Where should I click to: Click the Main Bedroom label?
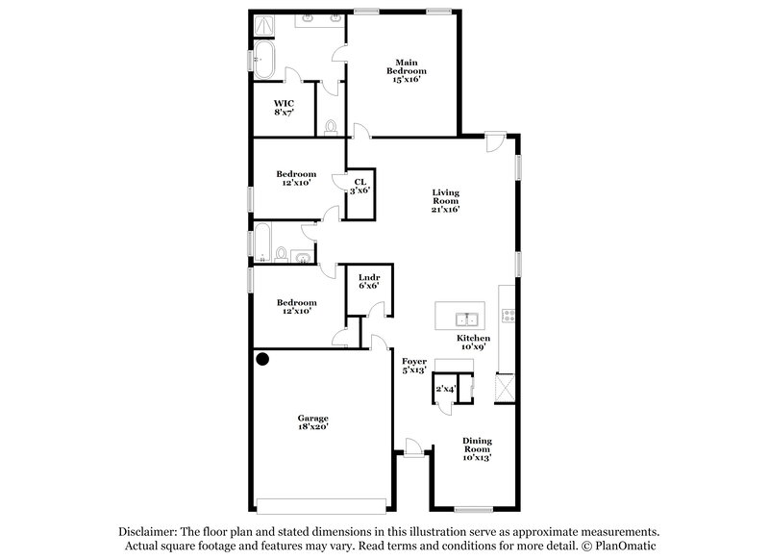(407, 71)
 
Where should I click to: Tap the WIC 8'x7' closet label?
(283, 108)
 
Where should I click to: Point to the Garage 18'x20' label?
(312, 423)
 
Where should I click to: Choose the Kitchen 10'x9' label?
(473, 343)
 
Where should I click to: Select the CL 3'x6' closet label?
(360, 187)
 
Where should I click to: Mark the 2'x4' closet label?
(444, 390)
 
